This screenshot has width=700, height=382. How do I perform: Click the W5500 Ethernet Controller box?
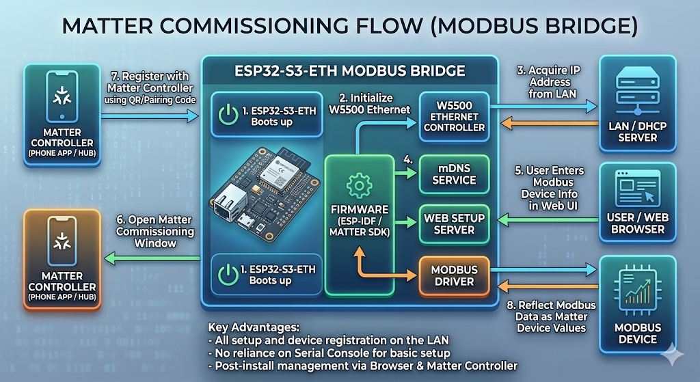[x=454, y=116]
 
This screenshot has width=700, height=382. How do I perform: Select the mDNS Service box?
[x=454, y=174]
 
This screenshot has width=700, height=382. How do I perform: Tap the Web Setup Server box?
[x=454, y=224]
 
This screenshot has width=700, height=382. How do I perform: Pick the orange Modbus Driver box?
[x=454, y=276]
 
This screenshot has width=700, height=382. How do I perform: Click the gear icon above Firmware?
[x=359, y=186]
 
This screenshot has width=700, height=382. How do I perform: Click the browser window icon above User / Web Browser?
[x=637, y=188]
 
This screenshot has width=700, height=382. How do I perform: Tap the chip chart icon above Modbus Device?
[x=637, y=290]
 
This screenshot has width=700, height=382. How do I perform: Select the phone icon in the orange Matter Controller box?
[x=62, y=241]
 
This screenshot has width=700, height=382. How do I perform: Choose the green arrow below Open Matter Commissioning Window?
[x=152, y=258]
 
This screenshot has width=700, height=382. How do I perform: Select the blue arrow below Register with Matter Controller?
[x=150, y=116]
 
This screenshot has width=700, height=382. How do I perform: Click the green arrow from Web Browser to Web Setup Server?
[x=548, y=219]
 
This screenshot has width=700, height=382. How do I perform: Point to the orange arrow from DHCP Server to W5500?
[x=549, y=123]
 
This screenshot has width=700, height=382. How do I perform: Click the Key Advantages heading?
[x=254, y=327]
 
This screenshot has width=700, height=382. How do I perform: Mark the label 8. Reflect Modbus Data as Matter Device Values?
[x=551, y=316]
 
